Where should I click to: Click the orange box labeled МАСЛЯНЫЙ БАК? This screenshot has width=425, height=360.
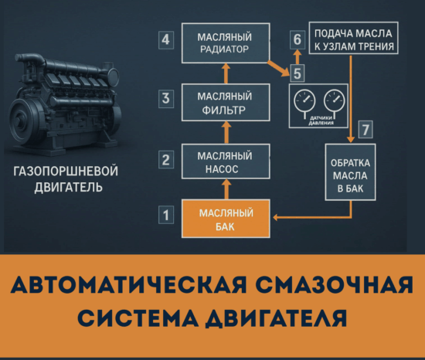pos(226,218)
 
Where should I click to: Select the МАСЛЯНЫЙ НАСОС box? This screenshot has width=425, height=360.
pos(226,161)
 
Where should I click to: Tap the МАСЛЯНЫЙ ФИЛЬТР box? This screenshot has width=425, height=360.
pos(226,103)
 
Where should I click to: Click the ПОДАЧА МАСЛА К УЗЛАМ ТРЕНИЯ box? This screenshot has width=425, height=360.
pos(353,41)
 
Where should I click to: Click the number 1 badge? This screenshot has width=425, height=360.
pos(164,214)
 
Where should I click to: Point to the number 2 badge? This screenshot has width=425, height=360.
pos(164,160)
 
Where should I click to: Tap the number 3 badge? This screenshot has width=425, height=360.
pos(164,99)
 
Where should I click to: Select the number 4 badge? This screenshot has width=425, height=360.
pos(164,39)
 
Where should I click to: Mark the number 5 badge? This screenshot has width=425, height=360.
pos(297,74)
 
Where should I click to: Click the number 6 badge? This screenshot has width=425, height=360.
pos(297,38)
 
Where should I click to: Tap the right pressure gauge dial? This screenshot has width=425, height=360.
pos(334,101)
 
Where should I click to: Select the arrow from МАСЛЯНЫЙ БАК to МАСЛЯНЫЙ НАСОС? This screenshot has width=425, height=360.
pos(226,188)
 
